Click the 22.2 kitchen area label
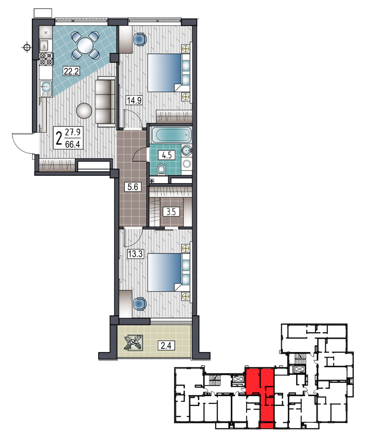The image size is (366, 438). [71, 72]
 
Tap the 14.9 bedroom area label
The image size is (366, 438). [134, 100]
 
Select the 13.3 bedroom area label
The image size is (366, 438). [135, 254]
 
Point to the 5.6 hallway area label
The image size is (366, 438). [133, 187]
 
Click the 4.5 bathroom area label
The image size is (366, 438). [167, 155]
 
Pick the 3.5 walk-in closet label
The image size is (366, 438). [171, 212]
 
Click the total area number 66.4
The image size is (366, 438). [72, 145]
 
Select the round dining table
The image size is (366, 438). [85, 45]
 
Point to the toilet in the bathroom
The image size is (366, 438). [161, 169]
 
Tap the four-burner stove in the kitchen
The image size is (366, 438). [46, 59]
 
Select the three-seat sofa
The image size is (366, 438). [105, 102]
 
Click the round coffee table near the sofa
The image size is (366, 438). [84, 111]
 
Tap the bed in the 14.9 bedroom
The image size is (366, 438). [165, 73]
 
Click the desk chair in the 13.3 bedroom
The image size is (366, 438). [140, 303]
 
